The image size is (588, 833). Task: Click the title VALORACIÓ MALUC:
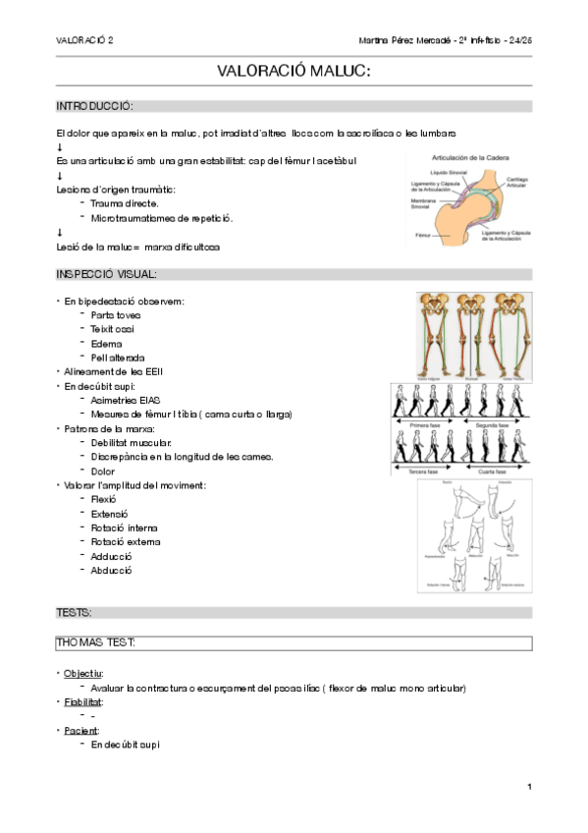pos(294,72)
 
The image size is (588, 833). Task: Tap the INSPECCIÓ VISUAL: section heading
pos(107,274)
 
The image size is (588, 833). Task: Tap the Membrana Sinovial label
pos(425,203)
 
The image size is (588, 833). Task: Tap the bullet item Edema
pos(106,344)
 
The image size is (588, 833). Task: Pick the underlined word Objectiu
pos(82,674)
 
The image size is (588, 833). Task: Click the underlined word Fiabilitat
pos(83,702)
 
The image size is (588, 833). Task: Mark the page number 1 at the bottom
pos(528,787)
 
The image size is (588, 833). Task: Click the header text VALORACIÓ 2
pos(84,40)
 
